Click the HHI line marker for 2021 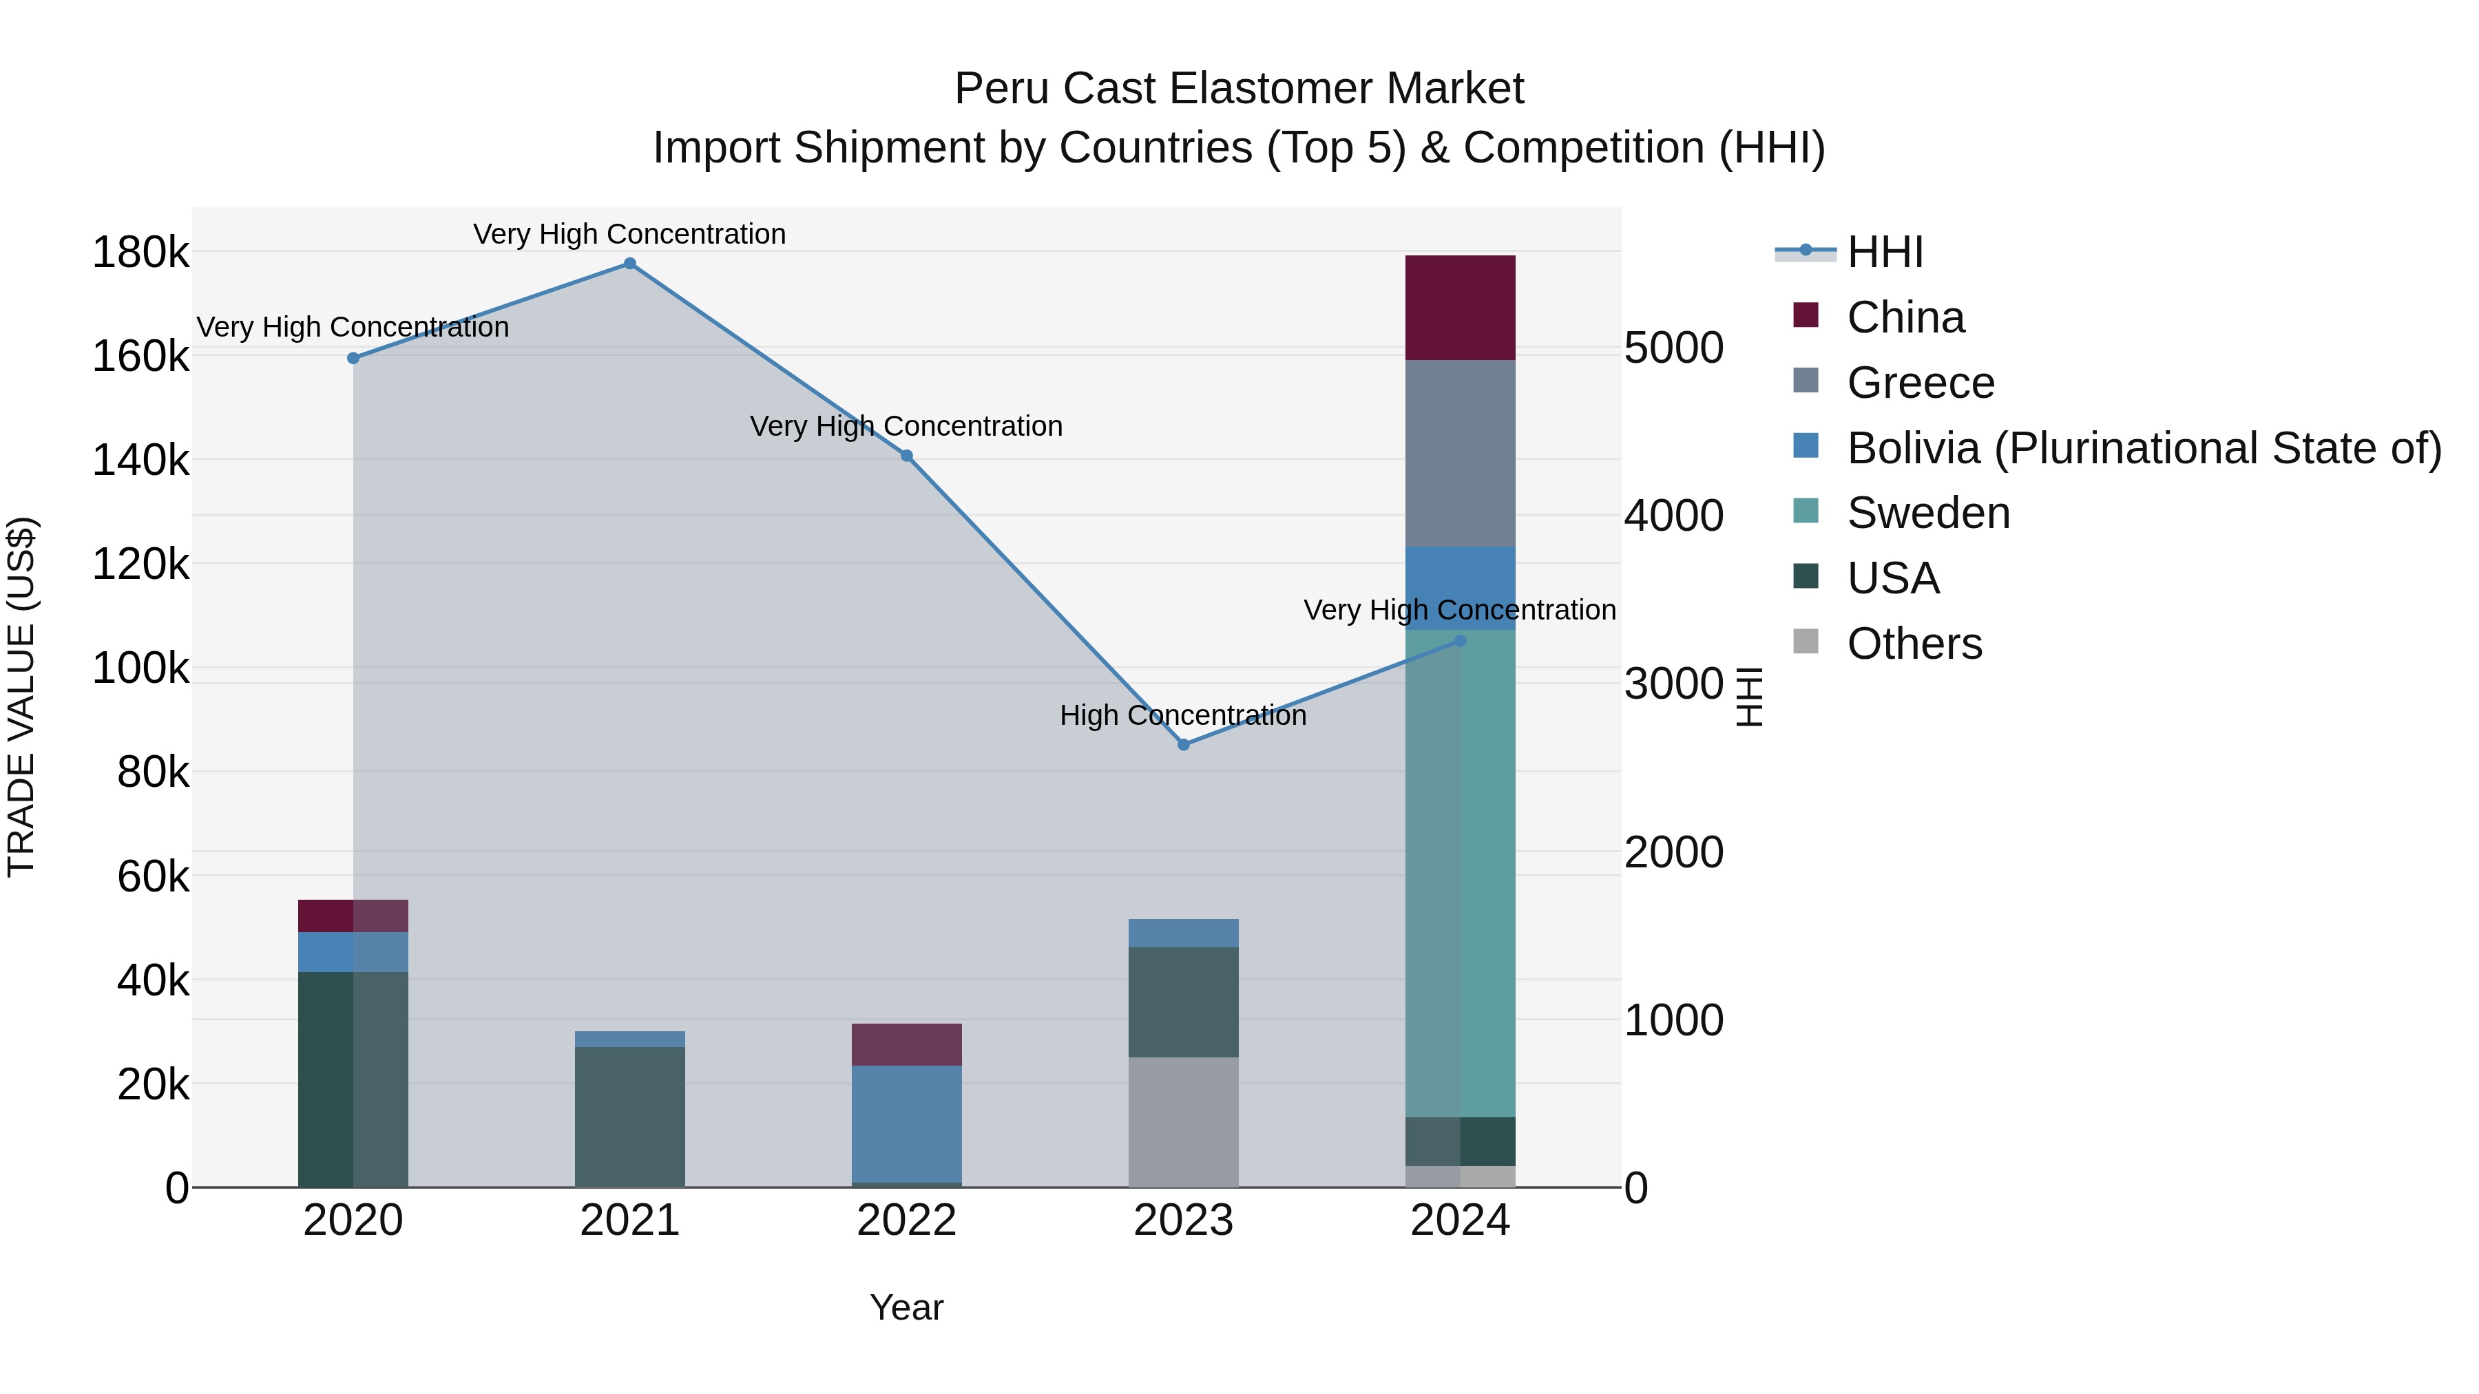click(x=629, y=264)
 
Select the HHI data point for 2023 click(x=1183, y=745)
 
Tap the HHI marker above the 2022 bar click(x=906, y=456)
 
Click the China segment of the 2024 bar click(x=1460, y=308)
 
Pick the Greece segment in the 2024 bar click(x=1460, y=453)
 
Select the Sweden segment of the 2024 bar click(x=1460, y=873)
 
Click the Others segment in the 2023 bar click(x=1183, y=1122)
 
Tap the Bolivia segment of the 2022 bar click(x=906, y=1123)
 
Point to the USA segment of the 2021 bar click(x=629, y=1116)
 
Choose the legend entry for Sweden click(x=1927, y=513)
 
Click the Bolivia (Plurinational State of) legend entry click(x=2143, y=448)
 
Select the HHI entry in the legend click(x=1884, y=252)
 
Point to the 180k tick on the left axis click(x=140, y=253)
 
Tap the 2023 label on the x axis click(x=1183, y=1221)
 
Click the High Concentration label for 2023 click(x=1183, y=716)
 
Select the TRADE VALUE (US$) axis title click(x=22, y=697)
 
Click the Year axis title click(x=906, y=1307)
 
